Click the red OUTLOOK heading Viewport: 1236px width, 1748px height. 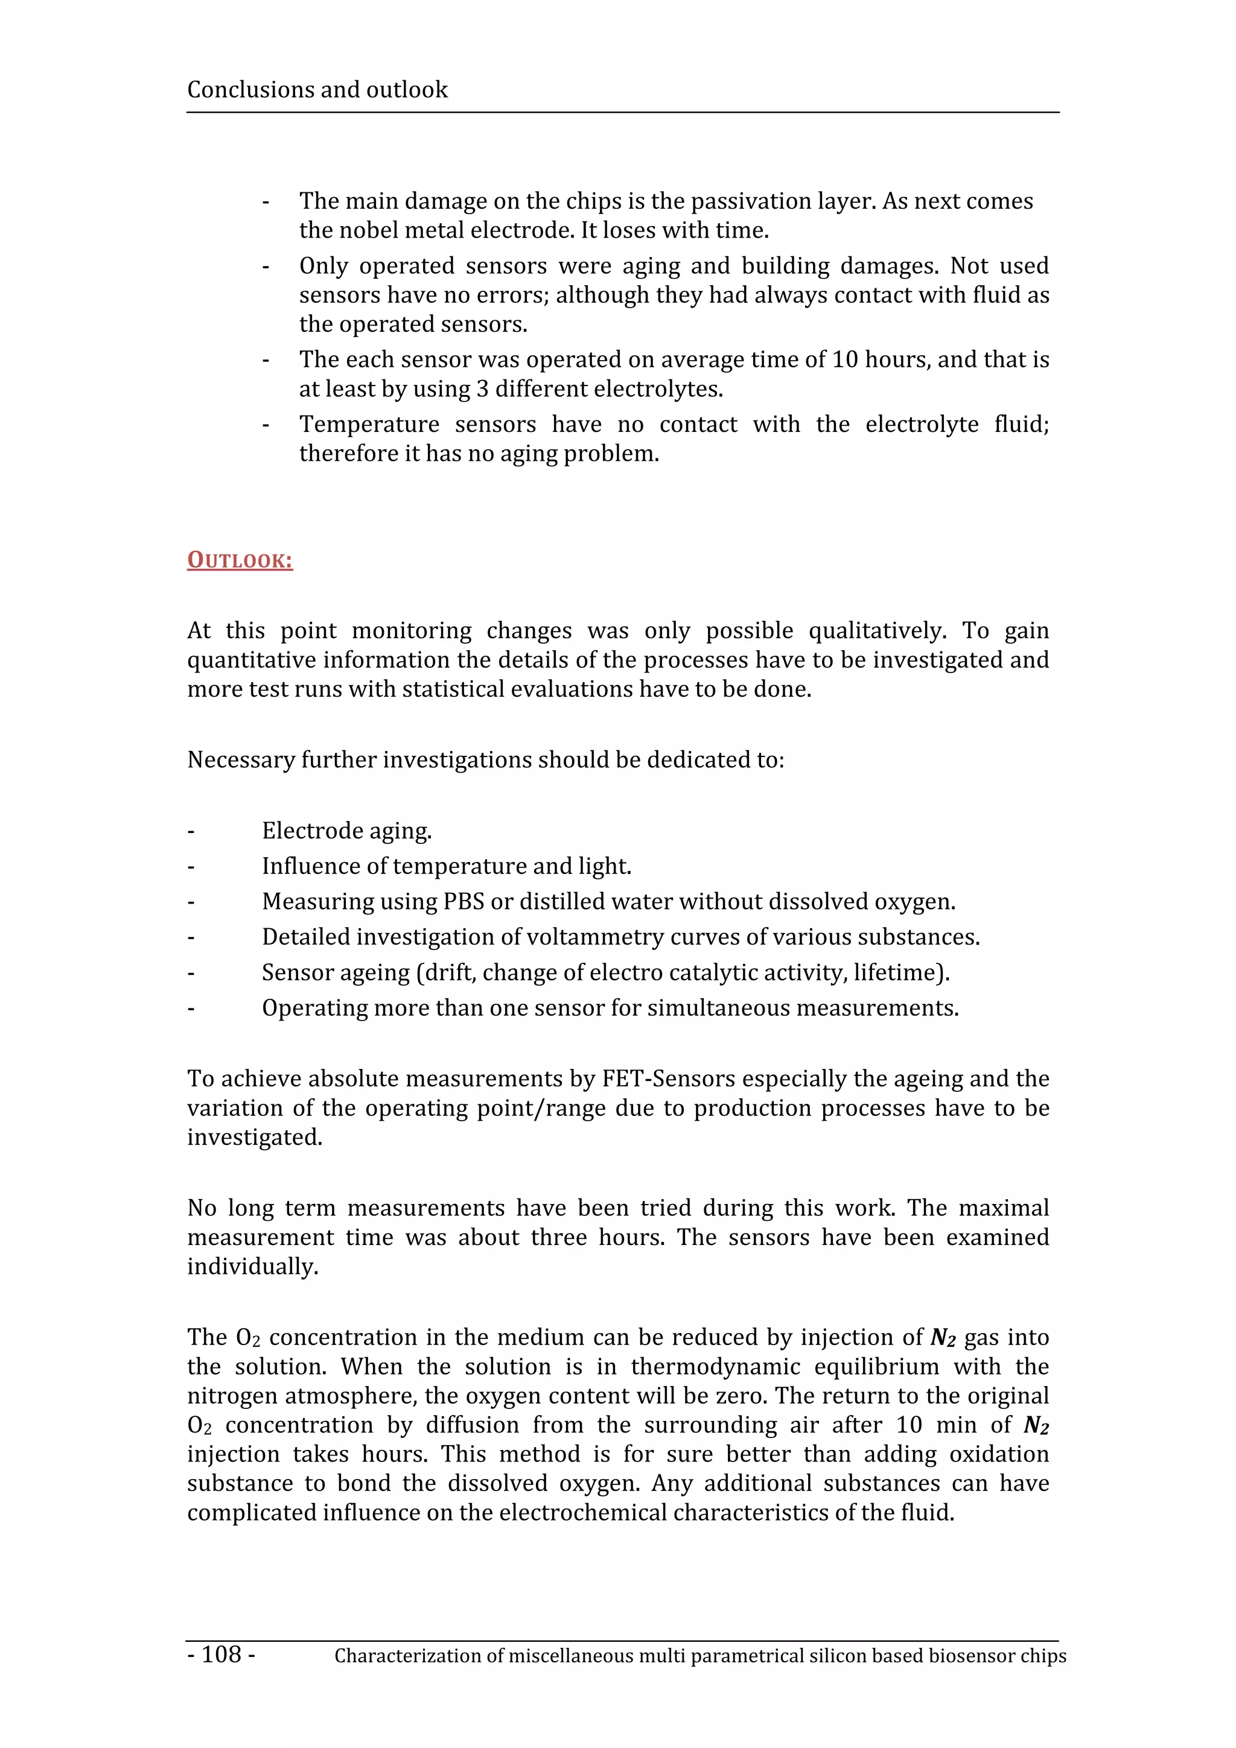coord(240,560)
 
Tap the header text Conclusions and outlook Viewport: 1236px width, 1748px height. coord(317,90)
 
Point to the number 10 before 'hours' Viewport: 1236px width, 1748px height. coord(844,359)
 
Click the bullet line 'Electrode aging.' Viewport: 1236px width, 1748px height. coord(346,831)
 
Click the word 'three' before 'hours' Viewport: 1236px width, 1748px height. coord(558,1237)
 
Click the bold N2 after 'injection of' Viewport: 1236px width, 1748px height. coord(943,1338)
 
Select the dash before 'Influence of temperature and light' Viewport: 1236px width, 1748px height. coord(191,866)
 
